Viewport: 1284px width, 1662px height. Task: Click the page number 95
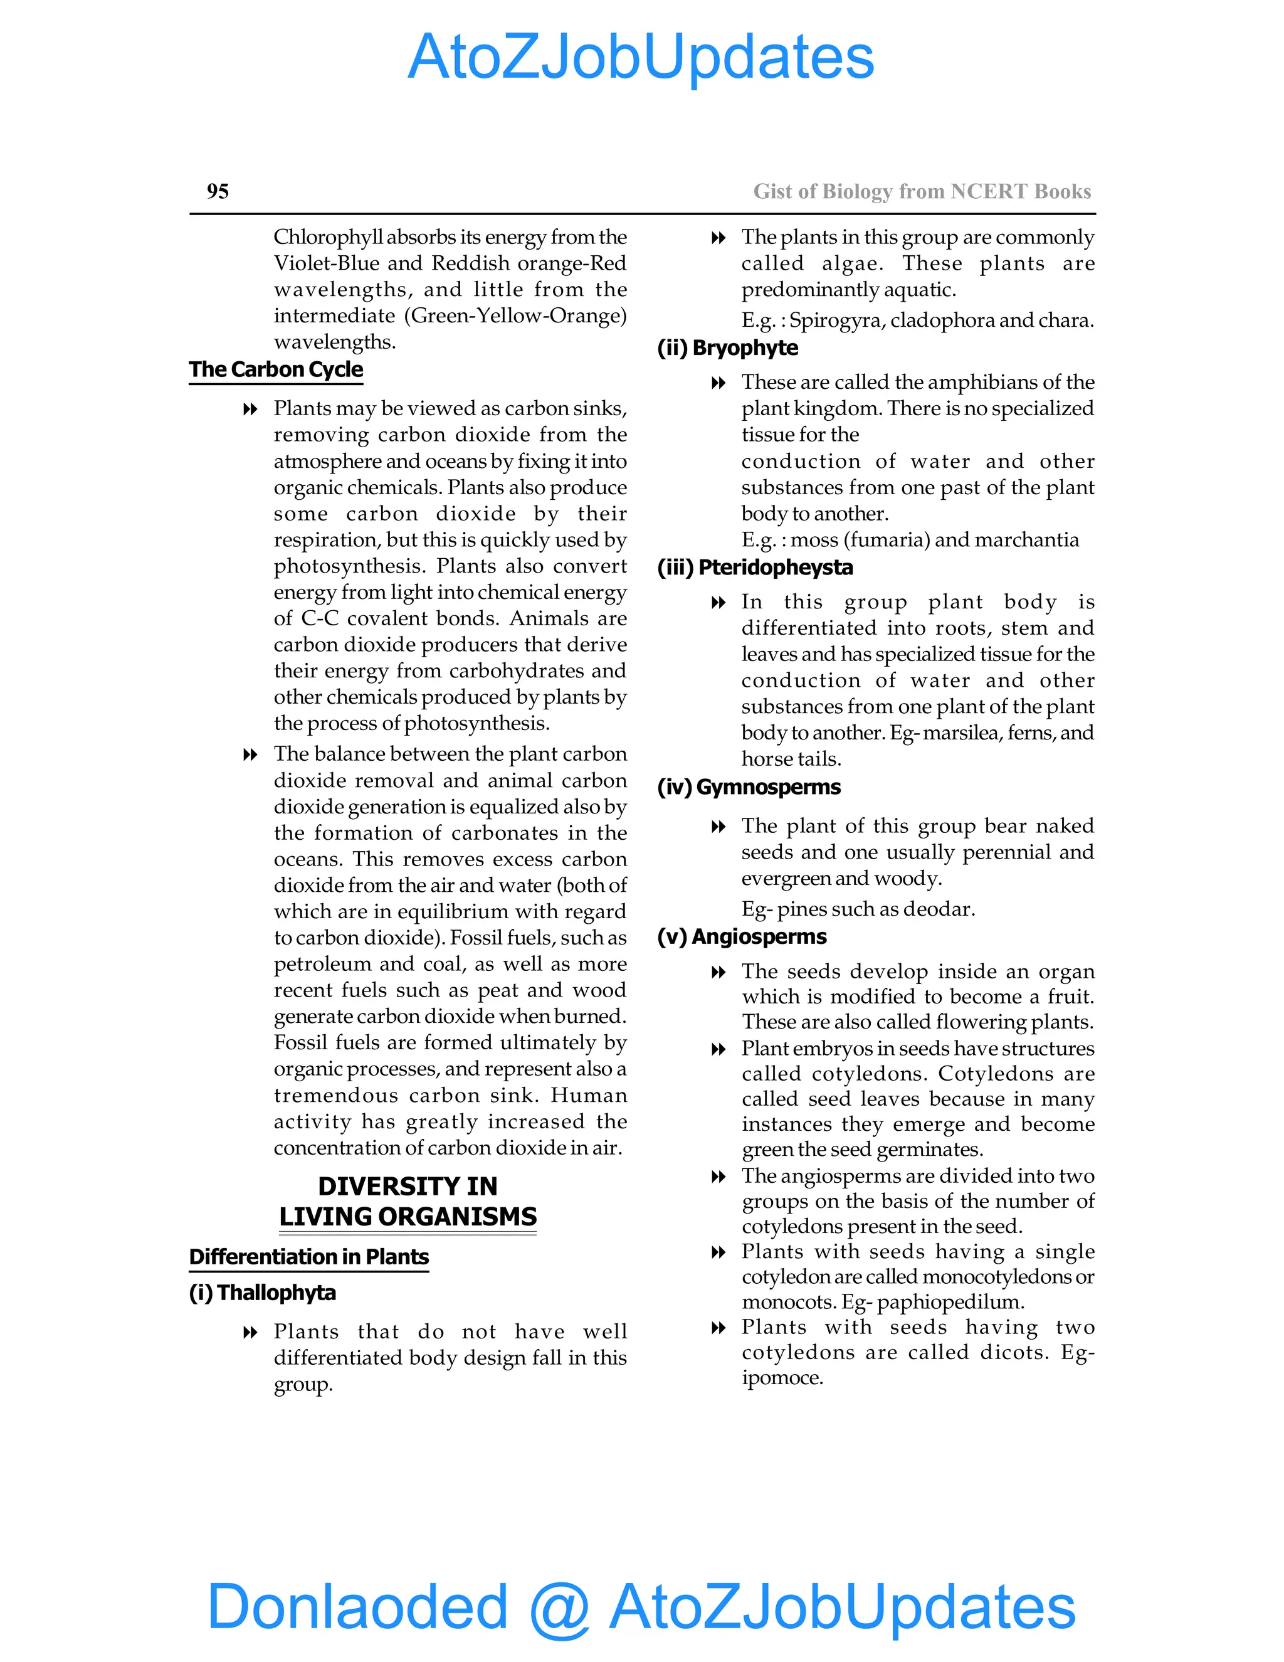pos(218,191)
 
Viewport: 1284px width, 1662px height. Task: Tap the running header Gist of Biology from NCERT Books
pos(922,191)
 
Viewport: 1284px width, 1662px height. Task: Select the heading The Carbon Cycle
pos(276,370)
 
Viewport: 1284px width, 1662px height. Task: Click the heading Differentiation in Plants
pos(309,1256)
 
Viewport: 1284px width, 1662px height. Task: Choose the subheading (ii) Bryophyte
pos(728,348)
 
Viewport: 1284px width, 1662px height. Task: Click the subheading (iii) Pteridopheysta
pos(755,568)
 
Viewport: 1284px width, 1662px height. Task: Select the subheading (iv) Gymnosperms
pos(749,787)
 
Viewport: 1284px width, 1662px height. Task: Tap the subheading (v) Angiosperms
pos(742,937)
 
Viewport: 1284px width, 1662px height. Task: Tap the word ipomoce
pos(782,1377)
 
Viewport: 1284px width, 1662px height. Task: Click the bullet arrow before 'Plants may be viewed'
pos(250,410)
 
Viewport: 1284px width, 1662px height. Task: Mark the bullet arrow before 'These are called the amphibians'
pos(718,383)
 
